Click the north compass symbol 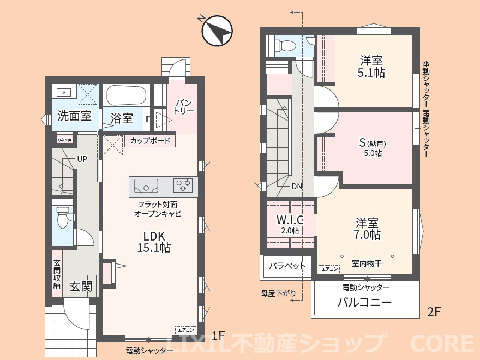217,31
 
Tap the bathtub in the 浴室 125,97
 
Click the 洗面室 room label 75,116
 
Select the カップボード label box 150,141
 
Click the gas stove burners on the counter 183,185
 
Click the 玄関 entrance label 80,286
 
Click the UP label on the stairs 82,159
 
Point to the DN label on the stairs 297,186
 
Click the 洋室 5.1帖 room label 371,67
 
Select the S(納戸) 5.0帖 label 372,148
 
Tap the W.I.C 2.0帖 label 290,224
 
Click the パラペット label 287,267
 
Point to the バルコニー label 364,303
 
